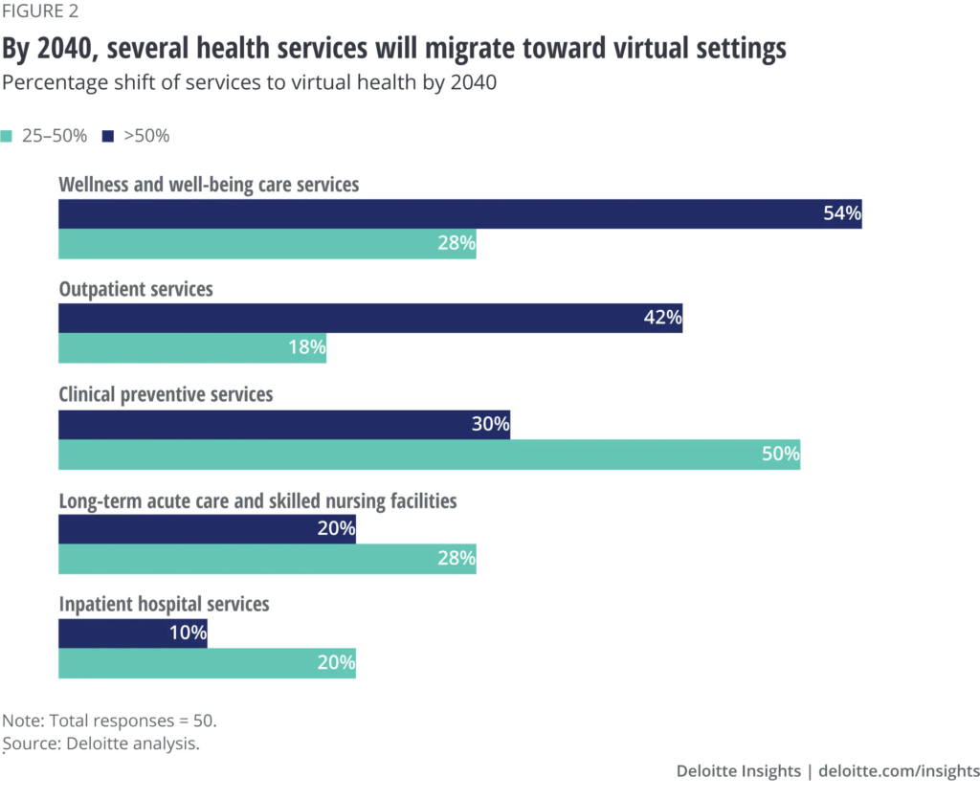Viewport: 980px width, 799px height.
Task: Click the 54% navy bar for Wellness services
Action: pyautogui.click(x=459, y=213)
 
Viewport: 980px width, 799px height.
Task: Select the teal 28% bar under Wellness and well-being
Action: pyautogui.click(x=267, y=244)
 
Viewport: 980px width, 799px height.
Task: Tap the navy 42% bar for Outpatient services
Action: pyautogui.click(x=370, y=319)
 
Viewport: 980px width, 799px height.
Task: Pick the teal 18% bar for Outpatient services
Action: pyautogui.click(x=192, y=348)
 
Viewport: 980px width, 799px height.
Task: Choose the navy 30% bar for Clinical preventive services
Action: pyautogui.click(x=284, y=425)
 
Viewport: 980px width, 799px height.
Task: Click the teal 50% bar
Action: pyautogui.click(x=429, y=455)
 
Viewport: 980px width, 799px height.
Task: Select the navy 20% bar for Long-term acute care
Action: pyautogui.click(x=207, y=529)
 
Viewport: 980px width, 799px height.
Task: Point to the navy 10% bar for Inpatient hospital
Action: pyautogui.click(x=133, y=634)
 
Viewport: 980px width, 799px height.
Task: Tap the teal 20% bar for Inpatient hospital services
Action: pyautogui.click(x=207, y=663)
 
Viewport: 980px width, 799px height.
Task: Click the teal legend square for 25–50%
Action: pyautogui.click(x=9, y=136)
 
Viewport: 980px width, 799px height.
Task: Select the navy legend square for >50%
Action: pyautogui.click(x=107, y=136)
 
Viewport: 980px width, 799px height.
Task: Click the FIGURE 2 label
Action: pyautogui.click(x=42, y=12)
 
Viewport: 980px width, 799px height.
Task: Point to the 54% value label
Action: pyautogui.click(x=842, y=213)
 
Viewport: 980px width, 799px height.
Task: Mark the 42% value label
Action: pyautogui.click(x=662, y=319)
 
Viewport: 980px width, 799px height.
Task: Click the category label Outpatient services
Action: pyautogui.click(x=136, y=289)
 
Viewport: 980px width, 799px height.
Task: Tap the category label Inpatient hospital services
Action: pyautogui.click(x=165, y=605)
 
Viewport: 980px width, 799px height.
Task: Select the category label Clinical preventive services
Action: pyautogui.click(x=167, y=394)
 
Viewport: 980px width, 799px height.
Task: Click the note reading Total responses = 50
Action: pyautogui.click(x=117, y=721)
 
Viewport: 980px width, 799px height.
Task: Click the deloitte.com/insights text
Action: pyautogui.click(x=900, y=771)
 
